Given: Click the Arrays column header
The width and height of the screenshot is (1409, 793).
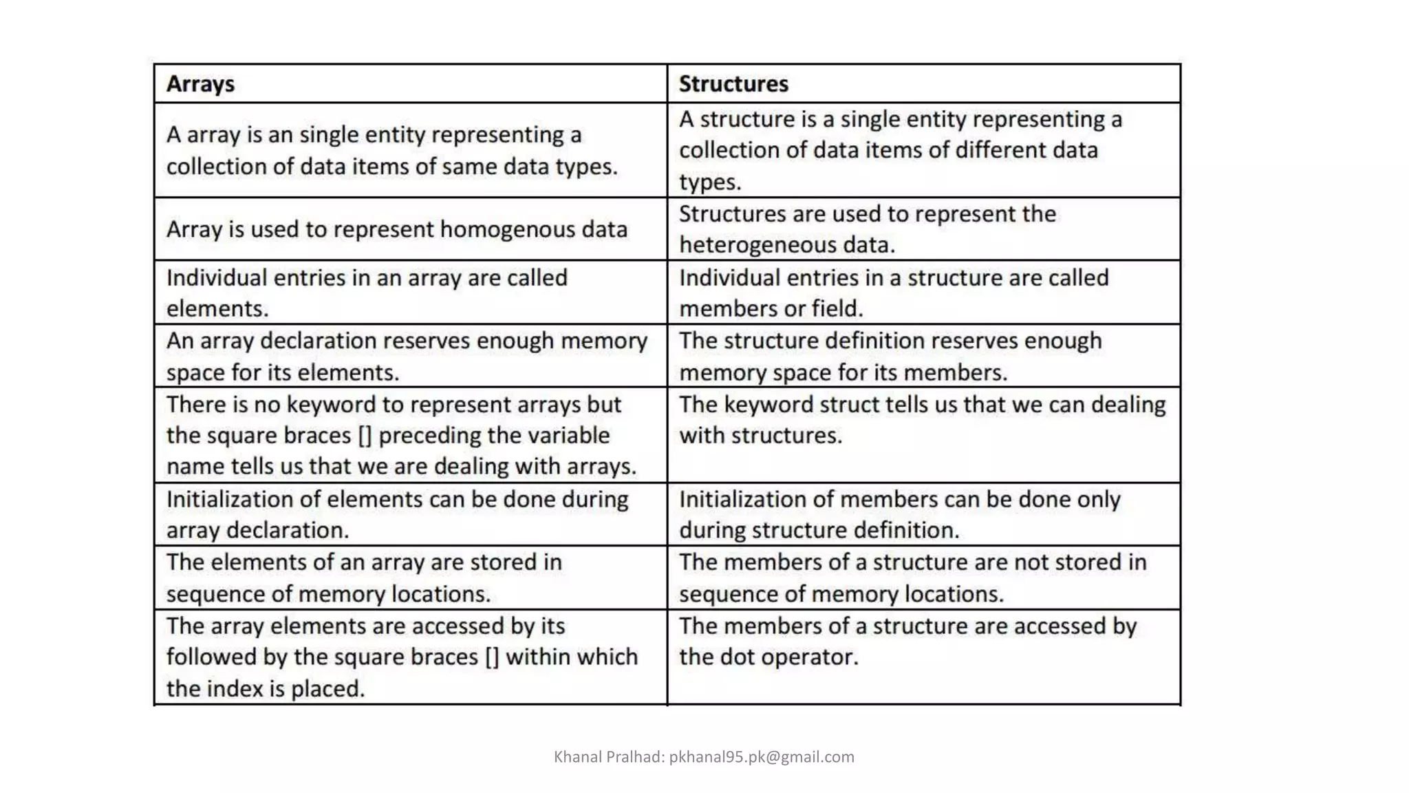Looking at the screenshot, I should coord(200,84).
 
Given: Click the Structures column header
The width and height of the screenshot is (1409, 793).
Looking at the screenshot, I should coord(733,84).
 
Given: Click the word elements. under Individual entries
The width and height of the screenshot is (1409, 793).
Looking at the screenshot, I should coord(217,309).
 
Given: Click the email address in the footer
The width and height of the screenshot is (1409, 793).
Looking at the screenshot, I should coord(762,757).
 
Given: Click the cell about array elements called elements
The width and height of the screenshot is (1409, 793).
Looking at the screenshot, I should coord(411,293).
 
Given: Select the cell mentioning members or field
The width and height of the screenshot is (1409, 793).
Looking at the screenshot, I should coord(923,293).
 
